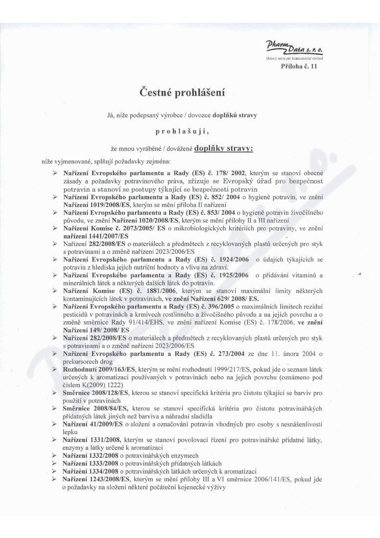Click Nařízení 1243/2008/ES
(95, 479)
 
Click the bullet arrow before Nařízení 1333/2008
(55, 463)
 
